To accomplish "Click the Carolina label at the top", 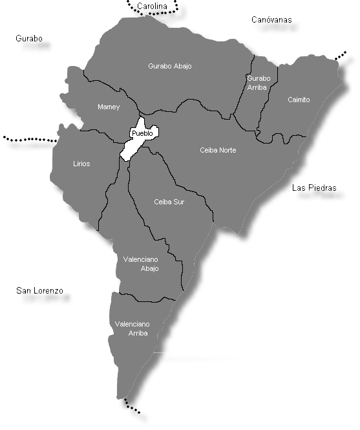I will tap(153, 6).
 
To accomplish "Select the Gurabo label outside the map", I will tap(29, 39).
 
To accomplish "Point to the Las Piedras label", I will tap(315, 188).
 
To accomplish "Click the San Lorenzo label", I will tap(39, 291).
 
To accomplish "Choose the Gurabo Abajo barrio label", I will tap(170, 66).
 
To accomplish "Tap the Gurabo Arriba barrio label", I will tap(259, 83).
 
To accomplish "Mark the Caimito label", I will tap(299, 100).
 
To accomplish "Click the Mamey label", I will tap(109, 107).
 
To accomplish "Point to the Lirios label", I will tap(81, 164).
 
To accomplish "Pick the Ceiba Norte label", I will tap(218, 150).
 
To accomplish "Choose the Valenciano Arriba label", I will tap(132, 328).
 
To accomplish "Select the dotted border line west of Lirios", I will tap(29, 139).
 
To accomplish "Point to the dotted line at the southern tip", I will tap(132, 407).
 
